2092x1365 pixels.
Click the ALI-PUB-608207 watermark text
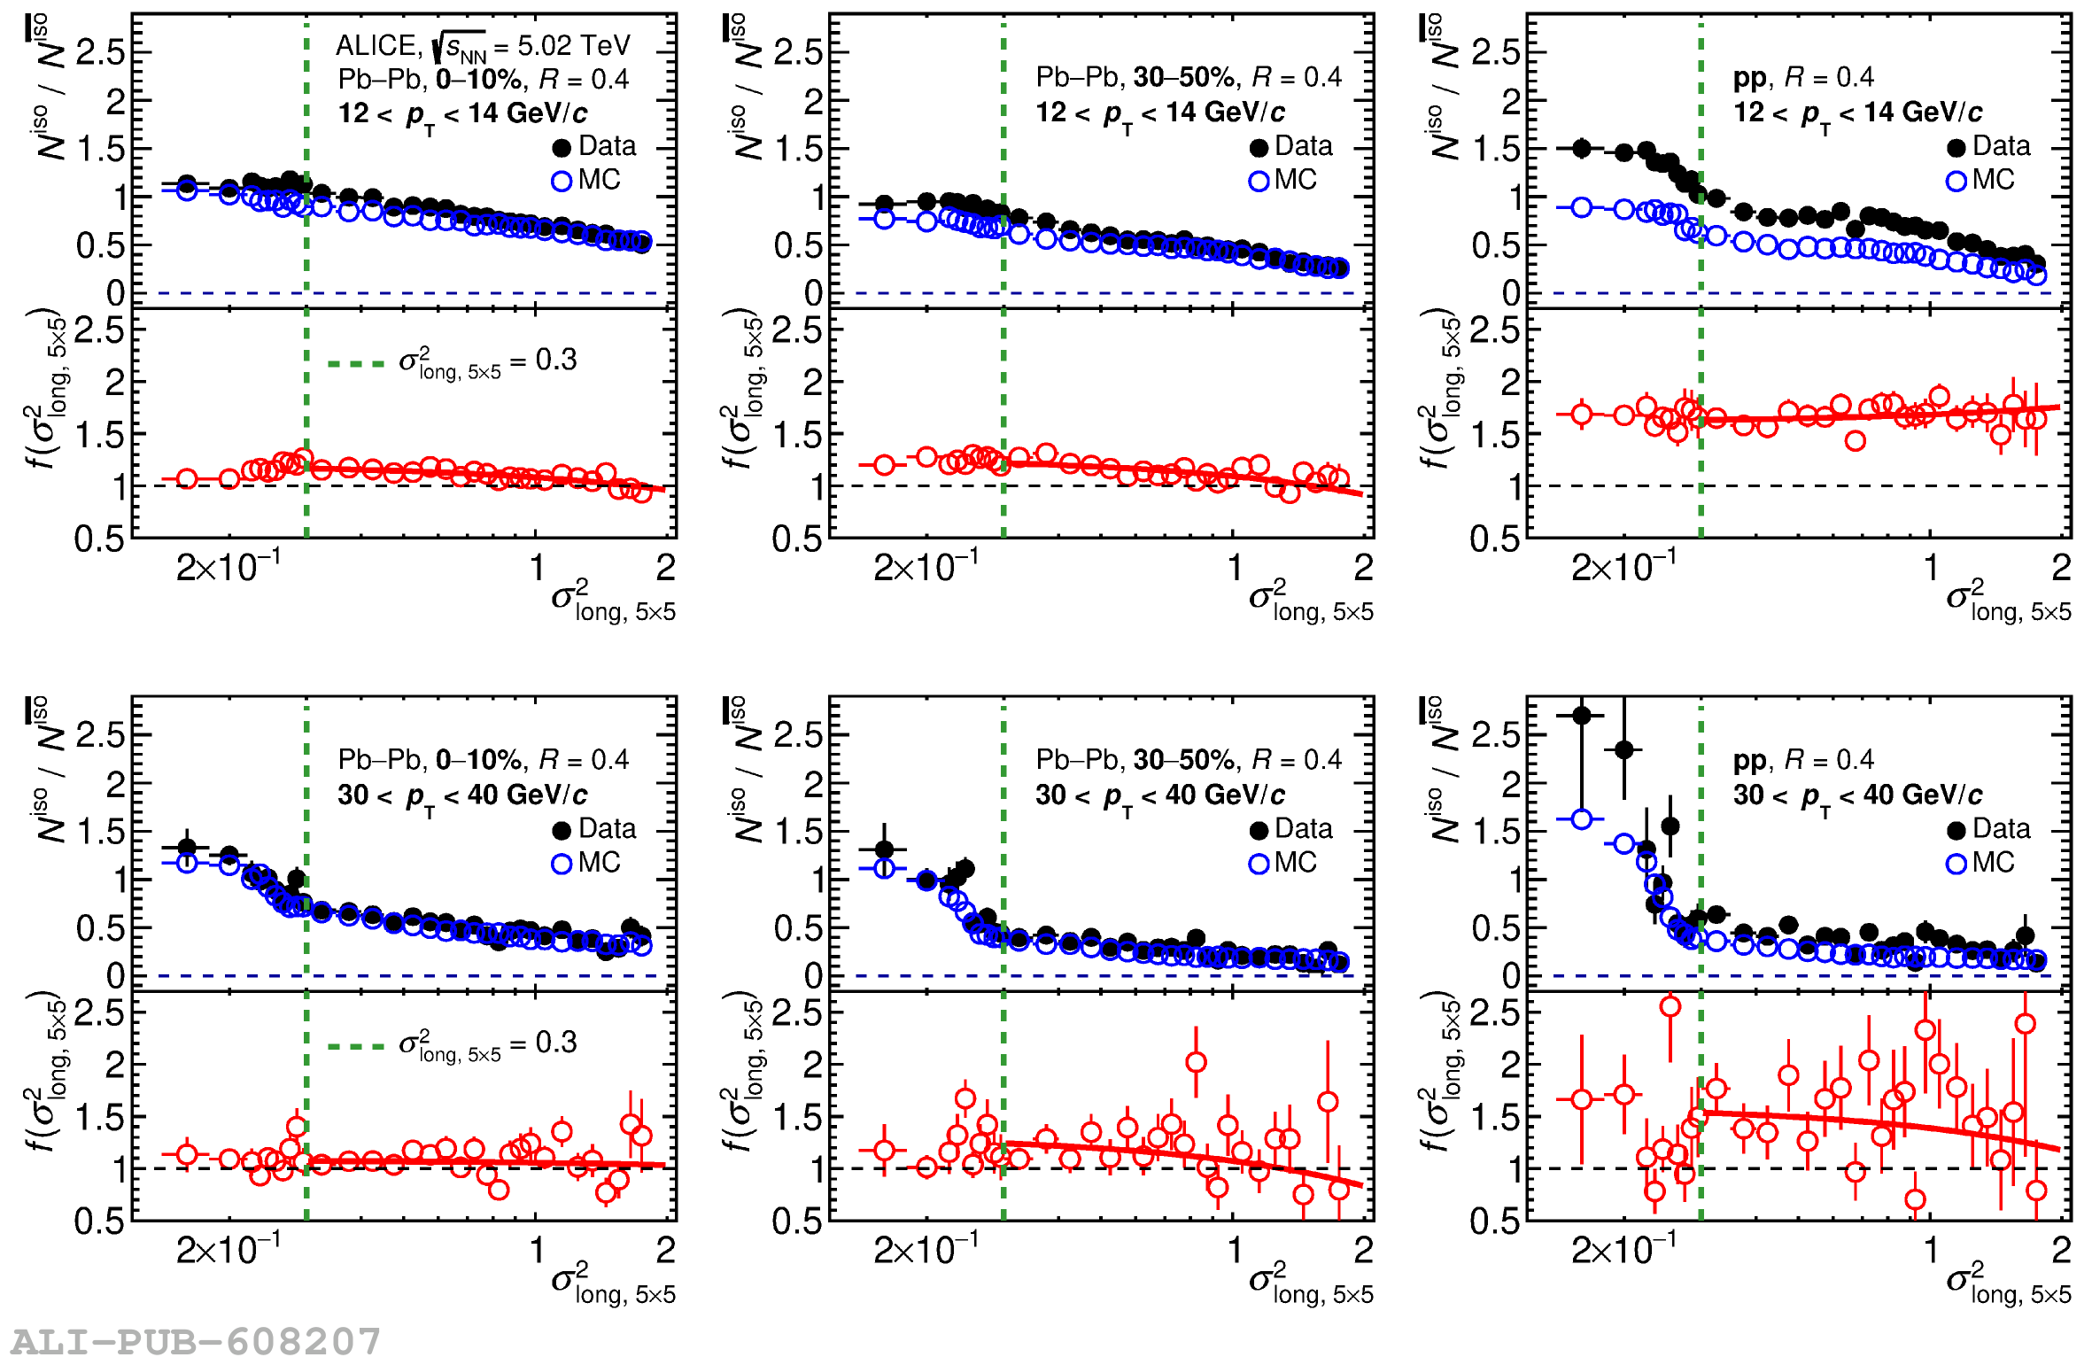coord(196,1341)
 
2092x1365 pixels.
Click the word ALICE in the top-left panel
coord(376,46)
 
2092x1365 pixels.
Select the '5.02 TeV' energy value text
coord(573,46)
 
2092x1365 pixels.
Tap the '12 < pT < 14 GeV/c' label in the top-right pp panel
coord(1857,113)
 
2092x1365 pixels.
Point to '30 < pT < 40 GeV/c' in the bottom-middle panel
coord(1159,795)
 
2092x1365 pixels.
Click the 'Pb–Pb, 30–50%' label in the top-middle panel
coord(1135,78)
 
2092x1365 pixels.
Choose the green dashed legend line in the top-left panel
coord(356,363)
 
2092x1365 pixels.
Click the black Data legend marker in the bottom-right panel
coord(1956,830)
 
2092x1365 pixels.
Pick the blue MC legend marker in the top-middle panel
coord(1259,182)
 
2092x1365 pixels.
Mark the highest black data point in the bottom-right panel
coord(1582,715)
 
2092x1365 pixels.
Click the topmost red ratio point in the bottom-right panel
coord(1670,1006)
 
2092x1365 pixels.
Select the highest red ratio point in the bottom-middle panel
coord(1196,1062)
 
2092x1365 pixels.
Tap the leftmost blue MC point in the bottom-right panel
coord(1582,819)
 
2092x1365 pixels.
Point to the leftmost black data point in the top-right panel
coord(1582,148)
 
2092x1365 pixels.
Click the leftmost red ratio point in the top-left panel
coord(187,479)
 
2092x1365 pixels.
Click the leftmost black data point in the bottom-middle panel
coord(884,849)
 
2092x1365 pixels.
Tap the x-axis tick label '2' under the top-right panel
coord(2061,568)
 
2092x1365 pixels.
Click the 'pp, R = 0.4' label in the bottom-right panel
coord(1802,760)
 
